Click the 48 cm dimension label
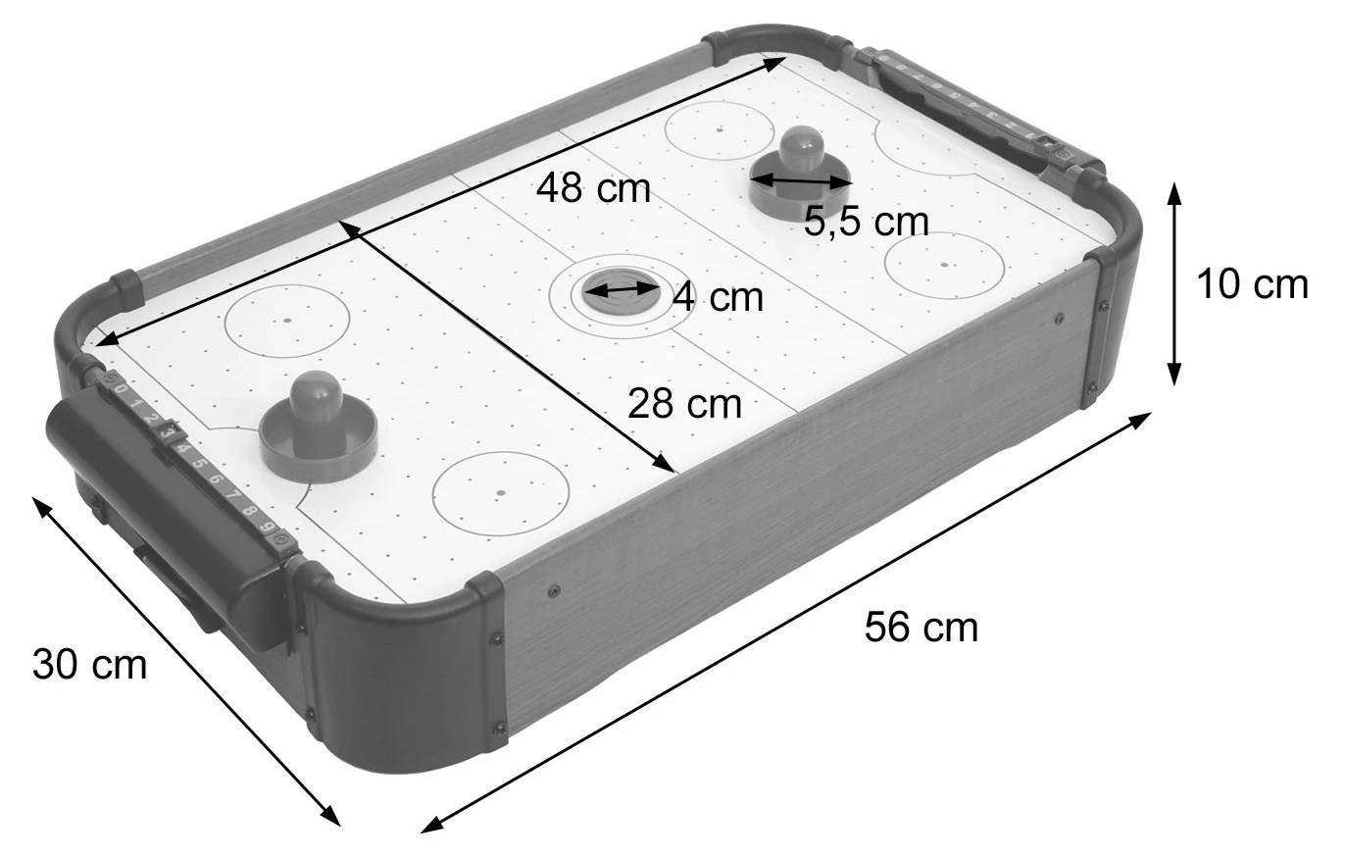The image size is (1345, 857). (593, 187)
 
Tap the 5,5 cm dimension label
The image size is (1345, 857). (866, 223)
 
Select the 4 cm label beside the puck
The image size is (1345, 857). (718, 297)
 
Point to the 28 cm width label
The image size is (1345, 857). (684, 403)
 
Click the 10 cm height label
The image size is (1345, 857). (1252, 284)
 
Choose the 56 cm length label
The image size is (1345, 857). (921, 628)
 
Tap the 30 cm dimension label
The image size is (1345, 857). (89, 665)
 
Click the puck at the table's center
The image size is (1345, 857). (620, 289)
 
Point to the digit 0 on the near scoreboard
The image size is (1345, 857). (120, 388)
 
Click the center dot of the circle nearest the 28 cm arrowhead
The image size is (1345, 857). (500, 492)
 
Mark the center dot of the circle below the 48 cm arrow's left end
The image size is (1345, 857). (287, 320)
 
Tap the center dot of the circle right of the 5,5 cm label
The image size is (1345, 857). (944, 264)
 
